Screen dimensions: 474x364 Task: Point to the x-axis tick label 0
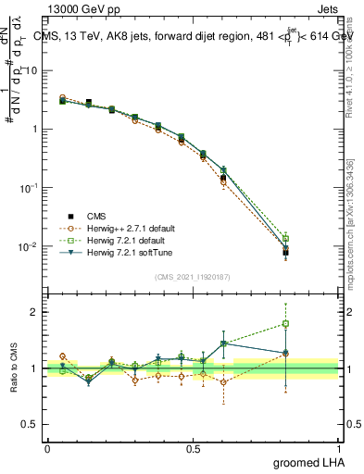pos(46,448)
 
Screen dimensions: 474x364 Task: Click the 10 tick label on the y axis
pos(33,70)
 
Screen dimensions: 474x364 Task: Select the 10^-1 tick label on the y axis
pos(31,187)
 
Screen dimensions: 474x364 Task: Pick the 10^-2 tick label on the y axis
pos(31,246)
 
